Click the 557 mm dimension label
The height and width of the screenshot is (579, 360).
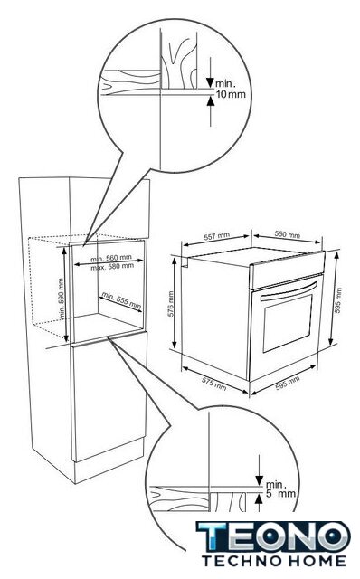click(217, 236)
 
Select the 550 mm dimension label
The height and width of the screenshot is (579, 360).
click(288, 234)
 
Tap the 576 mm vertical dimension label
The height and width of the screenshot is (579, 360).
click(171, 305)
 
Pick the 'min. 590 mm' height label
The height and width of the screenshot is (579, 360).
click(62, 299)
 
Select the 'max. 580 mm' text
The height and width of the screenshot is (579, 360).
click(112, 266)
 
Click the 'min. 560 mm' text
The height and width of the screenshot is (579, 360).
click(110, 258)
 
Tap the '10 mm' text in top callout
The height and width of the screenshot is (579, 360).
click(231, 94)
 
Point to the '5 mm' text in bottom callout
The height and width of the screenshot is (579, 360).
click(280, 493)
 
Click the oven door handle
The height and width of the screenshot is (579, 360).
click(289, 291)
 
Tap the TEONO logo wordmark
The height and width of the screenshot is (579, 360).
click(273, 536)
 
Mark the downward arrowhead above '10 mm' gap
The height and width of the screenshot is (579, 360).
click(210, 82)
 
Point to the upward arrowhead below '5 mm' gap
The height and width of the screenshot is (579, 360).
click(260, 499)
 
